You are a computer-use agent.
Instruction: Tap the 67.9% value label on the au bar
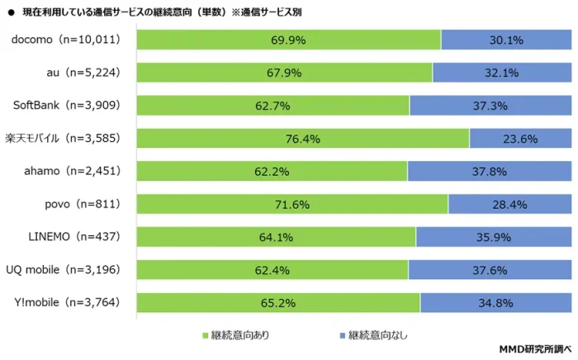click(285, 73)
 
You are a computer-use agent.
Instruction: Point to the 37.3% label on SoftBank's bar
click(490, 106)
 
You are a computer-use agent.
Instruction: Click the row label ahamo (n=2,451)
click(81, 171)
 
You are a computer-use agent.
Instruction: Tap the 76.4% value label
click(302, 139)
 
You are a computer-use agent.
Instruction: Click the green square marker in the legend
click(205, 335)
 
